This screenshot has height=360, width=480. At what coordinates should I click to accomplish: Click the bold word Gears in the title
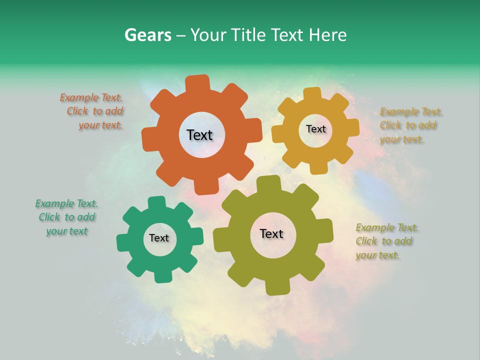pyautogui.click(x=147, y=35)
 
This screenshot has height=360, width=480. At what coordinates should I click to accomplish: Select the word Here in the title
pyautogui.click(x=327, y=35)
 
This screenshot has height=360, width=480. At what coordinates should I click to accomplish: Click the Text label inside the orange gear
pyautogui.click(x=199, y=135)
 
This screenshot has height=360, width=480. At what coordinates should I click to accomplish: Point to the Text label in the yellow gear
pyautogui.click(x=315, y=129)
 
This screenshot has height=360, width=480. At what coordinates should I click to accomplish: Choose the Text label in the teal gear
pyautogui.click(x=159, y=238)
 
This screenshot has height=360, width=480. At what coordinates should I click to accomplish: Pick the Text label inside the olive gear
pyautogui.click(x=271, y=233)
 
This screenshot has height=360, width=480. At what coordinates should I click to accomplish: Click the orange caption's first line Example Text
pyautogui.click(x=91, y=97)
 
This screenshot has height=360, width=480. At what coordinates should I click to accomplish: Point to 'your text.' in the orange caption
pyautogui.click(x=100, y=125)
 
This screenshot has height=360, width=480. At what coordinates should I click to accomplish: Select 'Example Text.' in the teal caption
pyautogui.click(x=66, y=203)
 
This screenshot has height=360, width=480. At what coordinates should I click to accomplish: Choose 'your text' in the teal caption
pyautogui.click(x=67, y=231)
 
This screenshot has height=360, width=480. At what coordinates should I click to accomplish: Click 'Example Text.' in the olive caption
pyautogui.click(x=387, y=227)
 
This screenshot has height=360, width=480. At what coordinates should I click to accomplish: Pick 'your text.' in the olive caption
pyautogui.click(x=378, y=255)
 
